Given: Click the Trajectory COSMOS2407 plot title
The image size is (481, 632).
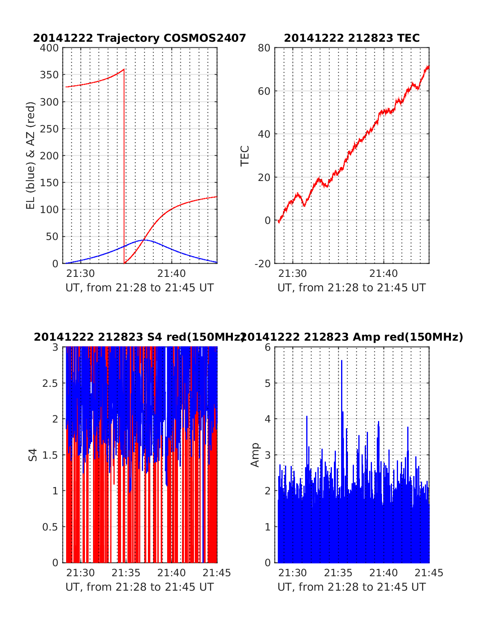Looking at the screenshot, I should coord(139,38).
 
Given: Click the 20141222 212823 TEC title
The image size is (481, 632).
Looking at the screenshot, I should coord(352,38).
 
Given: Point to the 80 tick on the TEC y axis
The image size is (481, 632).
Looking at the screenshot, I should coord(265,48).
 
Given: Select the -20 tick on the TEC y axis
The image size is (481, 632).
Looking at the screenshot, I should coord(263,263).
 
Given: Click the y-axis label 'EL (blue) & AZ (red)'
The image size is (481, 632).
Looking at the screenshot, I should coord(31,155).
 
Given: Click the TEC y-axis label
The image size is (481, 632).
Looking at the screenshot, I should coord(245,156).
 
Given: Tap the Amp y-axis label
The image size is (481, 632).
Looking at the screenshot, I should coord(255,455).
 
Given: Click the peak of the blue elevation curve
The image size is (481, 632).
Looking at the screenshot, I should coord(144,240).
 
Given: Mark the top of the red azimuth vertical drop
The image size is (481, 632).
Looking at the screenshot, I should coord(124,69).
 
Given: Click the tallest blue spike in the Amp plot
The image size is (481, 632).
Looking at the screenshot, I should coord(342,361).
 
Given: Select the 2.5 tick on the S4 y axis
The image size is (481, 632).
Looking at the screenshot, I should coord(50,383).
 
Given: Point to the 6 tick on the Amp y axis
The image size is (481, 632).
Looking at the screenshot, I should coord(268,347).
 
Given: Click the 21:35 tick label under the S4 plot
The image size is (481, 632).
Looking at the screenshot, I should coord(126,573).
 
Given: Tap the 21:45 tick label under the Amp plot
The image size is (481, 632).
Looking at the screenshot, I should coord(429,573).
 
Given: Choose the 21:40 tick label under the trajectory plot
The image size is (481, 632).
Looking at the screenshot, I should coord(172,274).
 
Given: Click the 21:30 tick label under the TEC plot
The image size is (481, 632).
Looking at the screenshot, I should coord(293,274).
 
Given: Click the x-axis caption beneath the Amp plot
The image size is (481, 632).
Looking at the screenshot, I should coord(352,587).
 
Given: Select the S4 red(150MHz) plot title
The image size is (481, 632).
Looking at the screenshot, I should coord(139,337).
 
